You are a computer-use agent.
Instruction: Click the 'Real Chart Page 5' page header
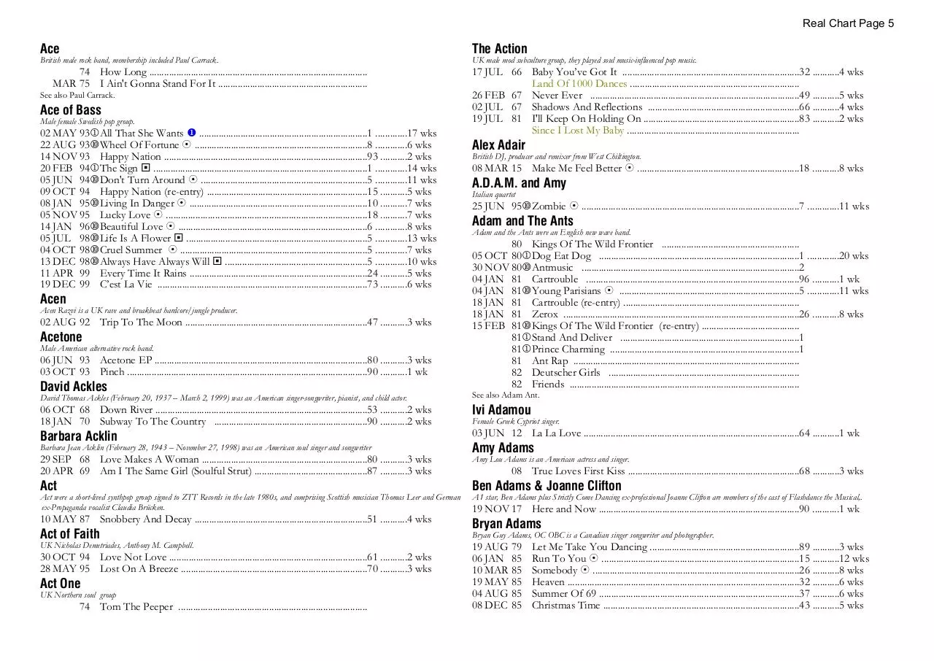tap(848, 23)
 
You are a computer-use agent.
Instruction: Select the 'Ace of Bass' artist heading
tap(71, 110)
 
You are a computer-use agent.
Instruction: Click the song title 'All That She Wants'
tap(142, 134)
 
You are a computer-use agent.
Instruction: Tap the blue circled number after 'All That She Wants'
tap(191, 133)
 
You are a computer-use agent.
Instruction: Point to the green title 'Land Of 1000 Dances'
tap(579, 84)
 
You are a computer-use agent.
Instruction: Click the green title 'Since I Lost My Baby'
tap(578, 131)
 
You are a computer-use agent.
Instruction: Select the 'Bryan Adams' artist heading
tap(506, 524)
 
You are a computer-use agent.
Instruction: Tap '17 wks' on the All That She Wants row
tap(422, 134)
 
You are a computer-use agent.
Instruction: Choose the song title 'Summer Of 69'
tap(564, 594)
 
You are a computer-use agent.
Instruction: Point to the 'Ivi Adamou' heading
tap(501, 410)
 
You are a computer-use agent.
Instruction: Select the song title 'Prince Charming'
tap(568, 349)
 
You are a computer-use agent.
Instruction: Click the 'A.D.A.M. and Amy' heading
tap(519, 183)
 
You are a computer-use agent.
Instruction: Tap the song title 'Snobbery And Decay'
tap(145, 519)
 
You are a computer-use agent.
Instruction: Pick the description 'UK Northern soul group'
tap(78, 595)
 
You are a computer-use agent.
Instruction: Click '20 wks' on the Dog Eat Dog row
tap(853, 256)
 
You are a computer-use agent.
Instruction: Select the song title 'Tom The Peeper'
tap(136, 607)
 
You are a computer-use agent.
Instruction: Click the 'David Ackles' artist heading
tap(74, 387)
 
